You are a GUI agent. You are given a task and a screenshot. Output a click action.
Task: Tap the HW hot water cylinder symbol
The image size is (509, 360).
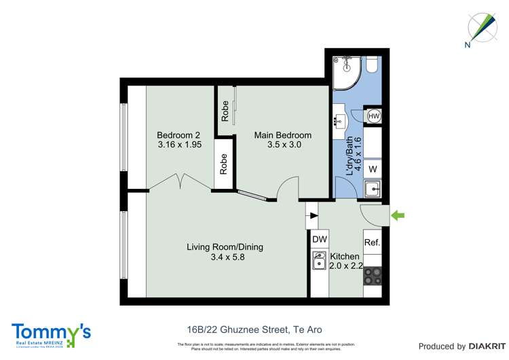(373, 116)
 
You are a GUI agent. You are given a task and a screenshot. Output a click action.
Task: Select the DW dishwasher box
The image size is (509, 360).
(319, 239)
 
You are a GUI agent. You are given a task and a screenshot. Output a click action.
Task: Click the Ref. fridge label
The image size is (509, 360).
(372, 242)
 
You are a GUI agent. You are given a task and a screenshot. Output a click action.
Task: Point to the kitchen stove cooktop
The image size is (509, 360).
(373, 275)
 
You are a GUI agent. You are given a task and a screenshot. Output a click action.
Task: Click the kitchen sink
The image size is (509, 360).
(319, 260)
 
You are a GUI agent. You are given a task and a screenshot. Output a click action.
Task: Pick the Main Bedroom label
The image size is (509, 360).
(282, 135)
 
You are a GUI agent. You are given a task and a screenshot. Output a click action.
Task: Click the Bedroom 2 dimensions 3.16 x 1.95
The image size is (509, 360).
(181, 145)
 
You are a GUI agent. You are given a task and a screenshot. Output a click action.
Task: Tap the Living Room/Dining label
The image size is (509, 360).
(225, 247)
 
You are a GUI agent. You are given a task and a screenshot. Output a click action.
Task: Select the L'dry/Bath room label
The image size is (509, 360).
(350, 158)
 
